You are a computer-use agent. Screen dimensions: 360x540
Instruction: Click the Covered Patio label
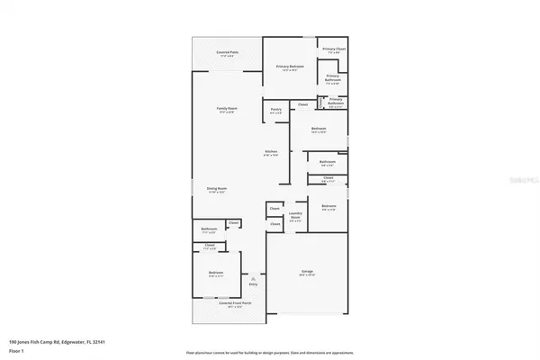227,53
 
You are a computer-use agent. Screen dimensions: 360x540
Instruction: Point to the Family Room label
227,110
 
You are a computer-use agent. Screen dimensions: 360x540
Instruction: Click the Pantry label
276,110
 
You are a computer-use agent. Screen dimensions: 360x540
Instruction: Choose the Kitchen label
271,152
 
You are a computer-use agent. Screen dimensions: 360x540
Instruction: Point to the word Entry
255,284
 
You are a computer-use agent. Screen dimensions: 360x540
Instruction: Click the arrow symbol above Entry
255,279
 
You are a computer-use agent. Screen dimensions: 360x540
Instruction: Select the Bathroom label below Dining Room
209,229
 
